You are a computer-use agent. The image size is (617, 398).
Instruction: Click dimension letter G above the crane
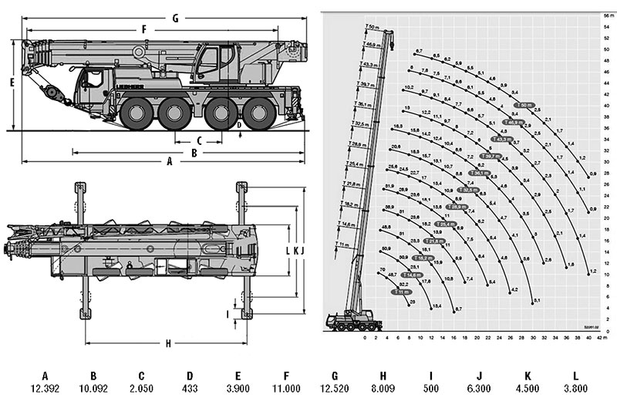[x=176, y=16]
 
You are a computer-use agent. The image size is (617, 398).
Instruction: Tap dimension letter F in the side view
[x=143, y=29]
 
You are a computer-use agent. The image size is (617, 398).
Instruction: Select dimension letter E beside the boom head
[x=12, y=80]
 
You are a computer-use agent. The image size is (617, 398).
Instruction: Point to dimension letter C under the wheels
[x=199, y=140]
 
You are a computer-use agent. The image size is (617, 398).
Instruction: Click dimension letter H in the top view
[x=167, y=344]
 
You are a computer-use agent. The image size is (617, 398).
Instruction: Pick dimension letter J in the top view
[x=303, y=251]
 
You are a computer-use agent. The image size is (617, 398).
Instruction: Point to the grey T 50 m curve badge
[x=524, y=104]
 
